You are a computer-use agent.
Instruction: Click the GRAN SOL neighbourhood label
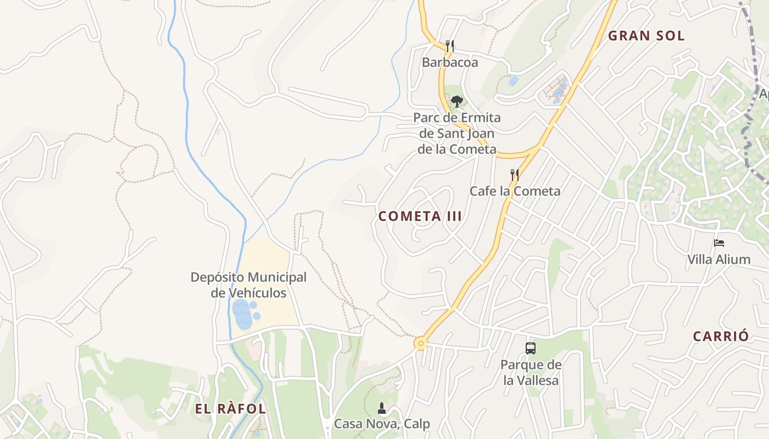pyautogui.click(x=647, y=36)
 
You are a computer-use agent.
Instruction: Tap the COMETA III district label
pyautogui.click(x=420, y=216)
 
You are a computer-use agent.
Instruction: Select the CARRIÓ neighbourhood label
pyautogui.click(x=721, y=336)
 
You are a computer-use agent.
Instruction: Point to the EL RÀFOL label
pyautogui.click(x=230, y=409)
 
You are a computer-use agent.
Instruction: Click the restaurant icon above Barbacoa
pyautogui.click(x=450, y=46)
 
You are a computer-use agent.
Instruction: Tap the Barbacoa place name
pyautogui.click(x=450, y=63)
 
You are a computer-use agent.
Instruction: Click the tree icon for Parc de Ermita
pyautogui.click(x=456, y=101)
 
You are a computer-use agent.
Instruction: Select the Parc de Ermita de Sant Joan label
pyautogui.click(x=457, y=133)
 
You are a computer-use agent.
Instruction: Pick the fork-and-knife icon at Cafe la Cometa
pyautogui.click(x=515, y=175)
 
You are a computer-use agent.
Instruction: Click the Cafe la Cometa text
pyautogui.click(x=515, y=191)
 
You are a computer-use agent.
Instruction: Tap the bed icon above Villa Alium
pyautogui.click(x=719, y=243)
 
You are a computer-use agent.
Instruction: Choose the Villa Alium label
pyautogui.click(x=719, y=260)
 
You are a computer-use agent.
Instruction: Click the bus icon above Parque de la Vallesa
pyautogui.click(x=531, y=348)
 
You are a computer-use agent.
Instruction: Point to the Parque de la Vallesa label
pyautogui.click(x=531, y=373)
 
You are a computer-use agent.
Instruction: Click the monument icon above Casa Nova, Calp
pyautogui.click(x=382, y=408)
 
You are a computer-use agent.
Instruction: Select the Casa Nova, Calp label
pyautogui.click(x=382, y=424)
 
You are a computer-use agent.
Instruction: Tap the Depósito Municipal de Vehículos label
pyautogui.click(x=248, y=285)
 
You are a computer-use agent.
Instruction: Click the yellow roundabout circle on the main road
pyautogui.click(x=421, y=344)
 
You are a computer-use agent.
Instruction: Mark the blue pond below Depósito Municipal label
pyautogui.click(x=242, y=314)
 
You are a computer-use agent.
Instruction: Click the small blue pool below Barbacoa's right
pyautogui.click(x=514, y=81)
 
